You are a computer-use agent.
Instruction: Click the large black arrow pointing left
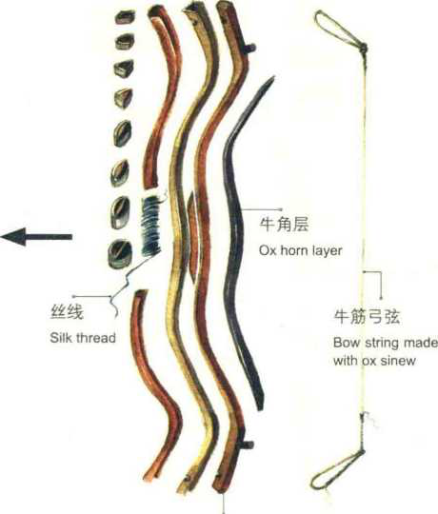click(36, 236)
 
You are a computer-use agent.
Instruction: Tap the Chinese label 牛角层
click(284, 225)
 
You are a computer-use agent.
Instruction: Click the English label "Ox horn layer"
click(301, 250)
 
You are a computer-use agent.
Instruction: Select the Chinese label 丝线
click(67, 312)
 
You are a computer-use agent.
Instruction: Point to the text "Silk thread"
click(83, 338)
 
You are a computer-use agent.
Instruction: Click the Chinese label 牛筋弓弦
click(367, 317)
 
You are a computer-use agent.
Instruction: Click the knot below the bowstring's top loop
click(363, 49)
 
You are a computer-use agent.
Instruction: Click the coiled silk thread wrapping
click(150, 227)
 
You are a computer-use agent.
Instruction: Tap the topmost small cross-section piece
click(125, 16)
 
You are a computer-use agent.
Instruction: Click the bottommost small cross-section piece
click(120, 254)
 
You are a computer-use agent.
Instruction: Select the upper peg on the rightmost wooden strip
click(249, 49)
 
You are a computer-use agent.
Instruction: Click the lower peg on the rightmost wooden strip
click(247, 445)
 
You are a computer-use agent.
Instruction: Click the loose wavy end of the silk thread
click(114, 306)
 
